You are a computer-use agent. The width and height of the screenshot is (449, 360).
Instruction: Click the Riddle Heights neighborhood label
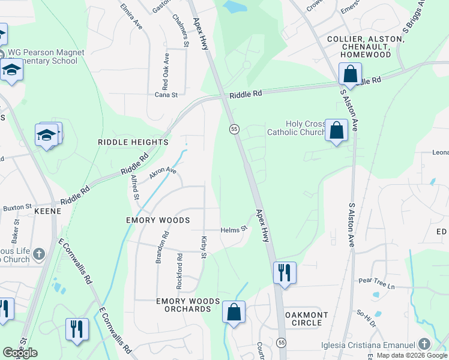(133, 142)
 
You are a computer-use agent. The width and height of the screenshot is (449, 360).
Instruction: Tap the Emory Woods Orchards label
(184, 304)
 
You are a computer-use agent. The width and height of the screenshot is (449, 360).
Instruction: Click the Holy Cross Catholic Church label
(296, 128)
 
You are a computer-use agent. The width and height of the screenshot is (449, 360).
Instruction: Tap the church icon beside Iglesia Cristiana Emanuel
(424, 344)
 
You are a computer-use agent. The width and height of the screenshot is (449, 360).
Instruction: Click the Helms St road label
(234, 229)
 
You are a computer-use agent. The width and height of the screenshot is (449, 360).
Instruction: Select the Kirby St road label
(203, 248)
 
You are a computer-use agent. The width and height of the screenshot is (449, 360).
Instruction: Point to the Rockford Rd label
(179, 264)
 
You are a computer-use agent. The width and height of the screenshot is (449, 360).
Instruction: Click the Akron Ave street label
(163, 171)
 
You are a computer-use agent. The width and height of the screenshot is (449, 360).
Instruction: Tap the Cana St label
(166, 95)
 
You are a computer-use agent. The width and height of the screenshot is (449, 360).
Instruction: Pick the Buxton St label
(17, 207)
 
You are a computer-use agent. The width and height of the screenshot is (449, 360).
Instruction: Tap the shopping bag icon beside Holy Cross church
(336, 130)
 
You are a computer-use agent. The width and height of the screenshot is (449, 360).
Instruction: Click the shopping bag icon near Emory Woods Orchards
(234, 313)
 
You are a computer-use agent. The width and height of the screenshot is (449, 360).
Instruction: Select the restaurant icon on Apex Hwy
(284, 272)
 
